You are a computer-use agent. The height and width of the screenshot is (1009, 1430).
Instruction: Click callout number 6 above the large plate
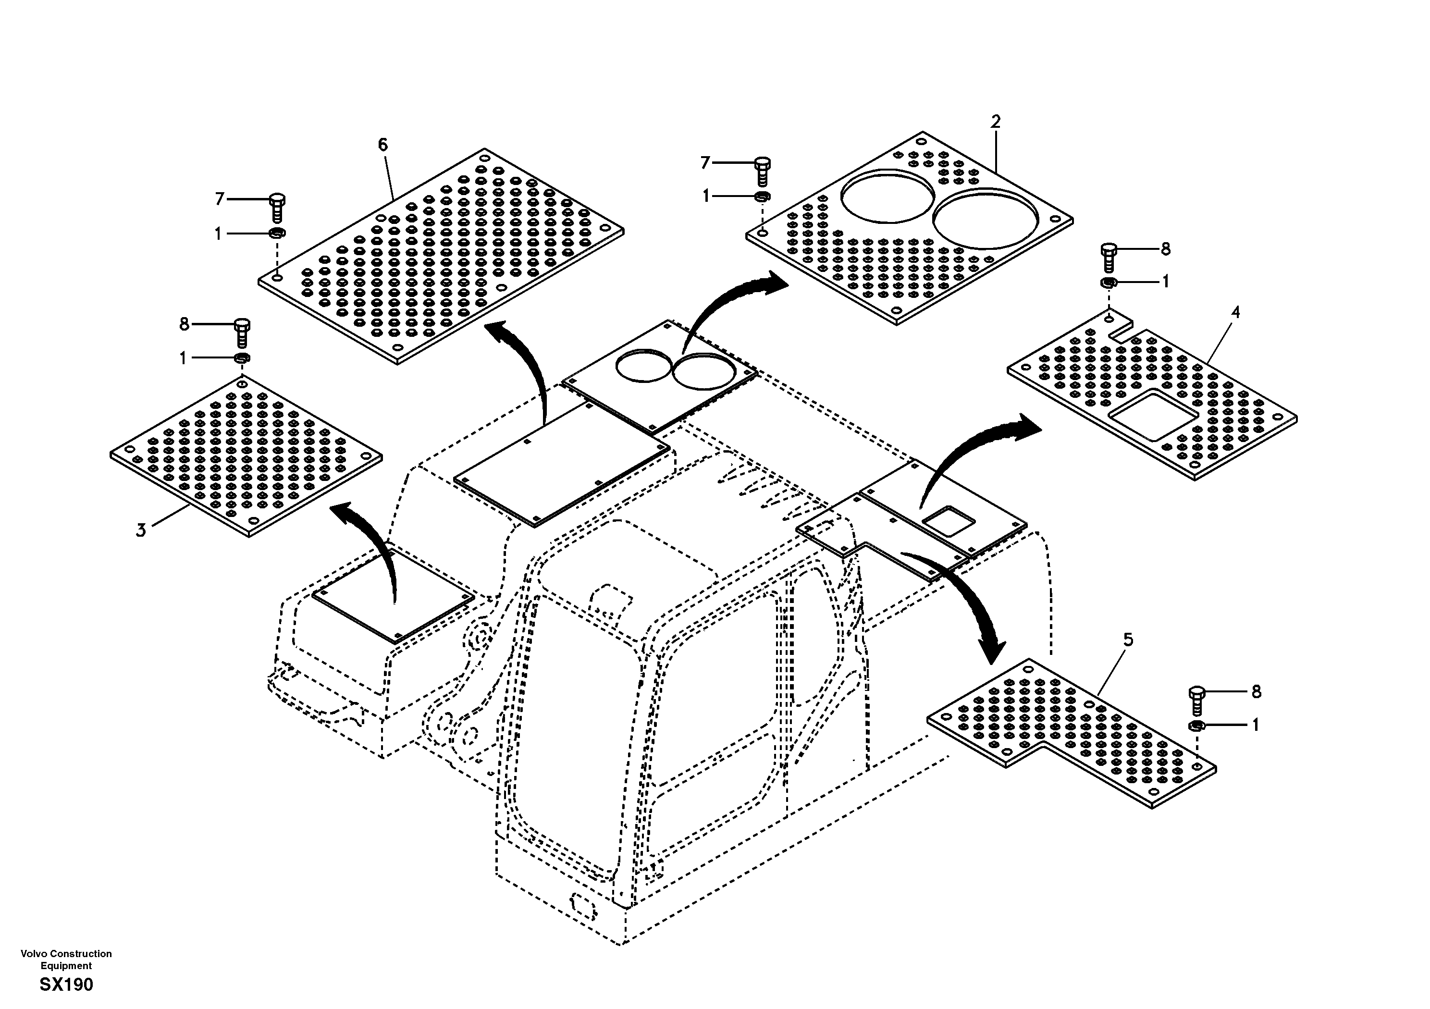[382, 145]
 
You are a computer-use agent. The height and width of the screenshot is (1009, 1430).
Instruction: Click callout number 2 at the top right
[995, 122]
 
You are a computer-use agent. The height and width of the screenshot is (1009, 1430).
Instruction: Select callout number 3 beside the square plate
[141, 530]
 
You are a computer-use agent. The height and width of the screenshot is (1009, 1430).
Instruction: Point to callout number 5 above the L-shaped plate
[1128, 640]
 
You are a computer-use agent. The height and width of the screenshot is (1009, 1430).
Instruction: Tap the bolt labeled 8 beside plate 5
[1196, 701]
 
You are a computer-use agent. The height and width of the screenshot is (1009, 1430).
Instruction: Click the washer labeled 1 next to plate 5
[1196, 725]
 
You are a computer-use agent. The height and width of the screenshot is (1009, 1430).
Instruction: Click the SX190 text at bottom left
[66, 984]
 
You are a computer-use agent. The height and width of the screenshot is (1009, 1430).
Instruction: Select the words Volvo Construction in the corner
[66, 954]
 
